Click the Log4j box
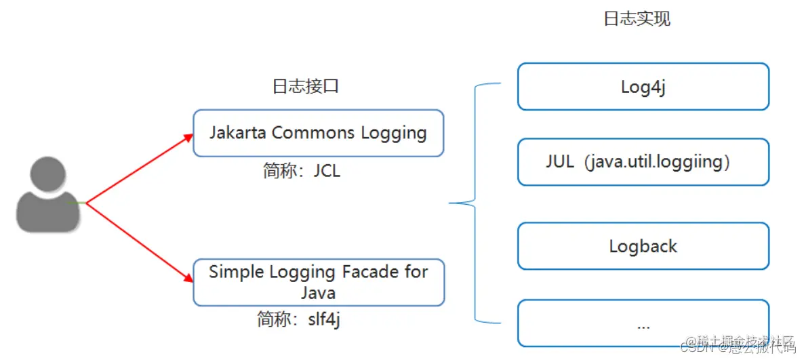click(x=643, y=87)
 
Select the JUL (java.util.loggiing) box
click(x=643, y=162)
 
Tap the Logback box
click(x=643, y=246)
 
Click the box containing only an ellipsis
click(x=643, y=323)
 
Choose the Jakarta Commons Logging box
click(x=318, y=133)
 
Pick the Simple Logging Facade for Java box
click(x=318, y=281)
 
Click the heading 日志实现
click(x=637, y=18)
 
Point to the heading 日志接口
click(x=305, y=87)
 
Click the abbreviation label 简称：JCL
click(x=301, y=170)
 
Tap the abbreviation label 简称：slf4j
click(x=298, y=319)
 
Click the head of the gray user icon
click(x=47, y=176)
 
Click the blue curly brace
click(x=474, y=202)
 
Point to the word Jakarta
click(x=238, y=132)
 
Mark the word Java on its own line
click(x=318, y=293)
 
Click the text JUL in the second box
click(x=559, y=162)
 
